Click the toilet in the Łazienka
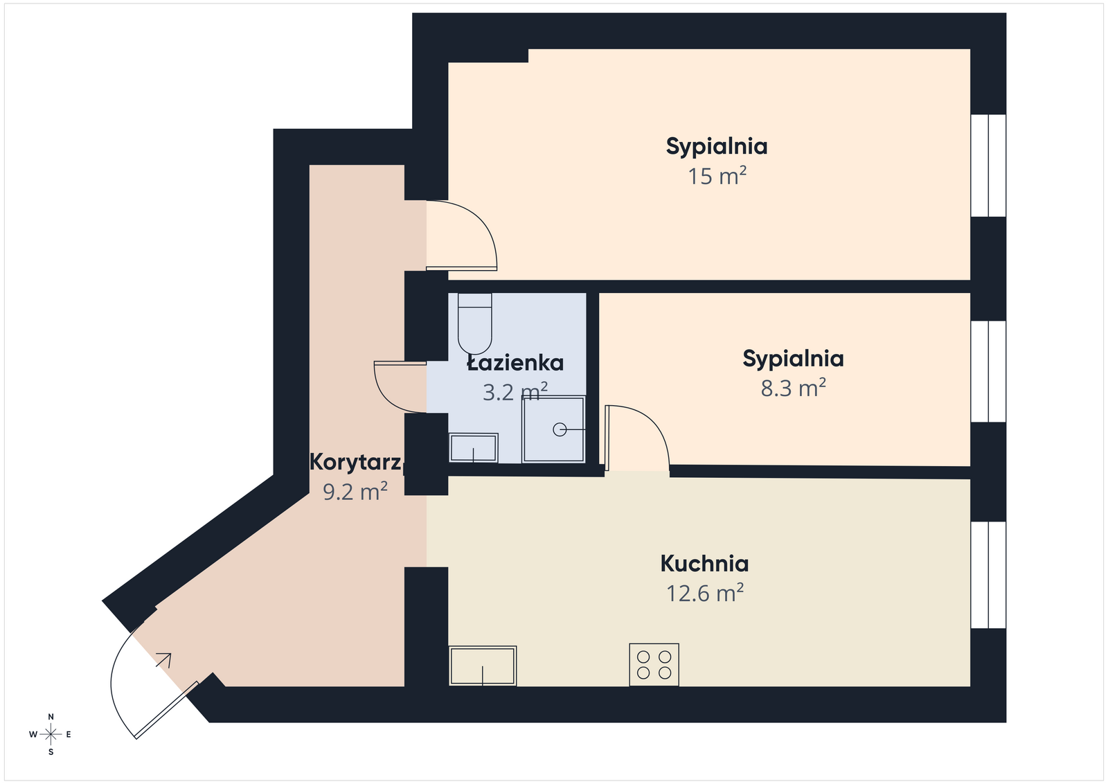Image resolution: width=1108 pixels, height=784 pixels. tap(474, 323)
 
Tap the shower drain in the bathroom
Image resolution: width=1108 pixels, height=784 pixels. tap(560, 430)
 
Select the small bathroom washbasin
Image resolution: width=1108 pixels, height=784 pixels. tap(473, 448)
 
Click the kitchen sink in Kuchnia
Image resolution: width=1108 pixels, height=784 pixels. tap(483, 666)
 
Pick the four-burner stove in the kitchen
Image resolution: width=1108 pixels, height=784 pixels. tap(654, 665)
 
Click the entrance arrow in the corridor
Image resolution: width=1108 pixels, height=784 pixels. tap(164, 659)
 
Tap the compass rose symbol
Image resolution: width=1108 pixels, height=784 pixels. tap(51, 734)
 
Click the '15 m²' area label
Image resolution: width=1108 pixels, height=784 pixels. tap(717, 177)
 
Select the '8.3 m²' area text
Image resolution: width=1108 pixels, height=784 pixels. tap(793, 388)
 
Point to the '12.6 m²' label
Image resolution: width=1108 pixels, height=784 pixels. tap(704, 594)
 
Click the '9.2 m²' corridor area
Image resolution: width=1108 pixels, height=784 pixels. tap(355, 492)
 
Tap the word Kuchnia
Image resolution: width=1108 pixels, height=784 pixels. tap(704, 564)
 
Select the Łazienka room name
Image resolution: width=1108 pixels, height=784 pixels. tap(515, 363)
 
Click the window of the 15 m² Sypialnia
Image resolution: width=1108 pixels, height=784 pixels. tap(988, 166)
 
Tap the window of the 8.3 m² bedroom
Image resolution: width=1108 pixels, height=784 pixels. tap(988, 371)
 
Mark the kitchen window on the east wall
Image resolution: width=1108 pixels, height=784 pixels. tap(988, 575)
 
